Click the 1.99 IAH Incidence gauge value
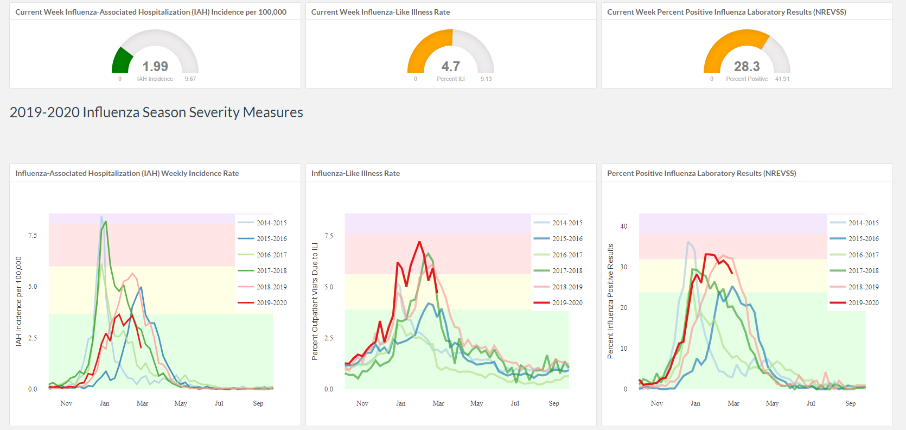pyautogui.click(x=155, y=66)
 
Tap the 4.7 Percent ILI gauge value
pyautogui.click(x=451, y=66)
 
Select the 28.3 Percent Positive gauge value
pyautogui.click(x=747, y=66)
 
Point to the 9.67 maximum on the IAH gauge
pyautogui.click(x=190, y=79)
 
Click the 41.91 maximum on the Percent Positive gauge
pyautogui.click(x=782, y=79)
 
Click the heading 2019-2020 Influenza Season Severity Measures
pyautogui.click(x=156, y=112)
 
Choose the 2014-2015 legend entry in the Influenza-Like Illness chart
pyautogui.click(x=558, y=223)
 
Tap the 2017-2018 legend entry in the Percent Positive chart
pyautogui.click(x=854, y=271)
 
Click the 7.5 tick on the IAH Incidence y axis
pyautogui.click(x=33, y=236)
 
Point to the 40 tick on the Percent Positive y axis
pyautogui.click(x=624, y=226)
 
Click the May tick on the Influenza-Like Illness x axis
pyautogui.click(x=476, y=403)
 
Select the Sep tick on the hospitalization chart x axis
pyautogui.click(x=258, y=403)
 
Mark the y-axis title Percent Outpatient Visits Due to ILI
pyautogui.click(x=315, y=302)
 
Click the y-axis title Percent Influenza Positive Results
pyautogui.click(x=611, y=302)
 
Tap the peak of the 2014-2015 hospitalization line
pyautogui.click(x=101, y=217)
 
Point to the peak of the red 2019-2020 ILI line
pyautogui.click(x=419, y=242)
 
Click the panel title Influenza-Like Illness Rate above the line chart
pyautogui.click(x=355, y=173)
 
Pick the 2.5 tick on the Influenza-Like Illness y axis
pyautogui.click(x=328, y=338)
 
